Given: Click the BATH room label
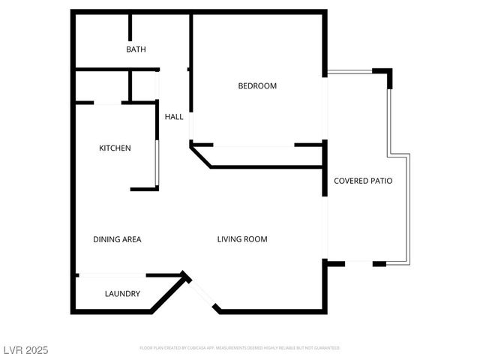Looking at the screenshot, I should tap(136, 49).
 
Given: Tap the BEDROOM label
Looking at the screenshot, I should tap(257, 86).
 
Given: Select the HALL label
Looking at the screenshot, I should tap(174, 116).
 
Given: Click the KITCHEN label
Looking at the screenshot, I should tap(115, 148).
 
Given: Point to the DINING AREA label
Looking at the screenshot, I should tap(117, 240).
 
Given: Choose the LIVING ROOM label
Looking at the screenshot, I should tap(242, 240).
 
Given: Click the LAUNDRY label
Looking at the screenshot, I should tap(122, 294).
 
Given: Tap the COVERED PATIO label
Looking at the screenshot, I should tap(363, 181).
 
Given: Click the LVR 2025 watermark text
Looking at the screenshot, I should tap(26, 350).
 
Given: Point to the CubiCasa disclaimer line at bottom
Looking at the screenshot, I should tap(239, 348).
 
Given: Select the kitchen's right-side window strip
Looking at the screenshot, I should tap(157, 161).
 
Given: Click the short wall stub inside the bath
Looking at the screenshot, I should tap(130, 27).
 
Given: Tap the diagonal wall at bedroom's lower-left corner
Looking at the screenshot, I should tap(200, 156).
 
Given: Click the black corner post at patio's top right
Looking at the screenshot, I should tap(388, 76).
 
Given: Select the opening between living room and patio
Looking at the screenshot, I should tap(325, 229).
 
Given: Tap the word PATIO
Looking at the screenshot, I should tap(379, 181).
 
